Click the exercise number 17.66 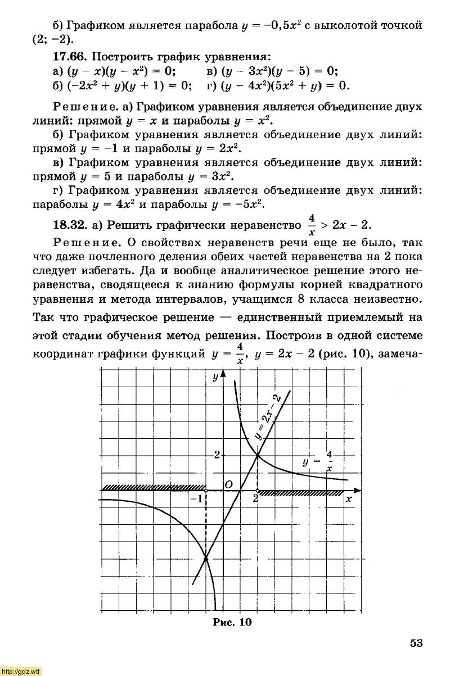pyautogui.click(x=70, y=57)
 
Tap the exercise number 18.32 pyautogui.click(x=70, y=225)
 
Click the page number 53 pyautogui.click(x=416, y=643)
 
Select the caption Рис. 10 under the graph pyautogui.click(x=232, y=622)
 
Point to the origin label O pyautogui.click(x=228, y=484)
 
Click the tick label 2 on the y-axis pyautogui.click(x=217, y=455)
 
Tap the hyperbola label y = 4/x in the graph pyautogui.click(x=318, y=461)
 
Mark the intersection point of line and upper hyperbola pyautogui.click(x=258, y=456)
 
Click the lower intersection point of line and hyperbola pyautogui.click(x=206, y=557)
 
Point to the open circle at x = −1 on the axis pyautogui.click(x=206, y=491)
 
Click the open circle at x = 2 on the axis pyautogui.click(x=258, y=491)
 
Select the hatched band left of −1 pyautogui.click(x=152, y=487)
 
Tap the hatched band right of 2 pyautogui.click(x=301, y=493)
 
